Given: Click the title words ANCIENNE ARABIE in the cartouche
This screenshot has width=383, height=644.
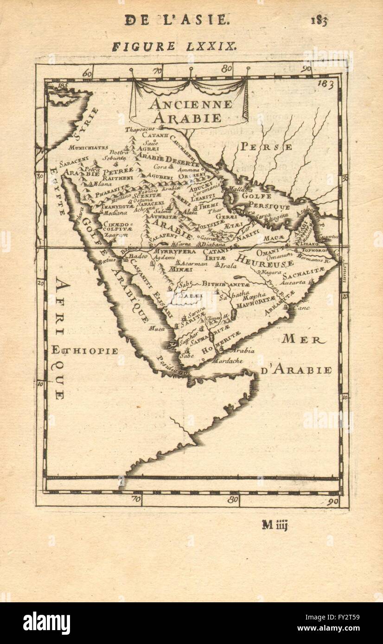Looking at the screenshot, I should tap(191, 111).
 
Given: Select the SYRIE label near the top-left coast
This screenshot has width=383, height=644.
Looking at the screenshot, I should tap(86, 123).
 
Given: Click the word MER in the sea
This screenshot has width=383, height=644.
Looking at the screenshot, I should tap(301, 339).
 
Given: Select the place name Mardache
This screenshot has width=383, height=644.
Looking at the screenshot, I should tap(227, 360).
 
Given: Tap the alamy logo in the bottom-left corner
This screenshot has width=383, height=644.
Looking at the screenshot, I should tap(46, 623).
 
